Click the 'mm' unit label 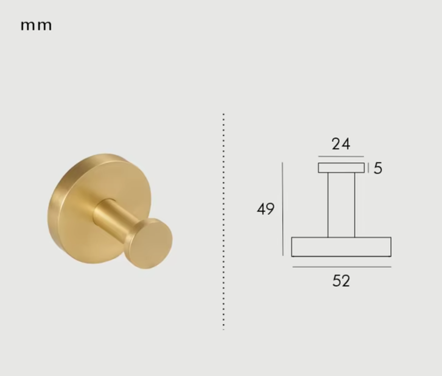pos(36,26)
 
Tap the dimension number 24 pos(341,144)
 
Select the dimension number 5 pos(378,168)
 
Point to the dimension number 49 pos(265,209)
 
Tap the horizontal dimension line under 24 pos(341,156)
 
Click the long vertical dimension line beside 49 pos(283,209)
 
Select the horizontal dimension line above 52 pos(342,267)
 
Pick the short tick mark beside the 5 pos(368,168)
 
